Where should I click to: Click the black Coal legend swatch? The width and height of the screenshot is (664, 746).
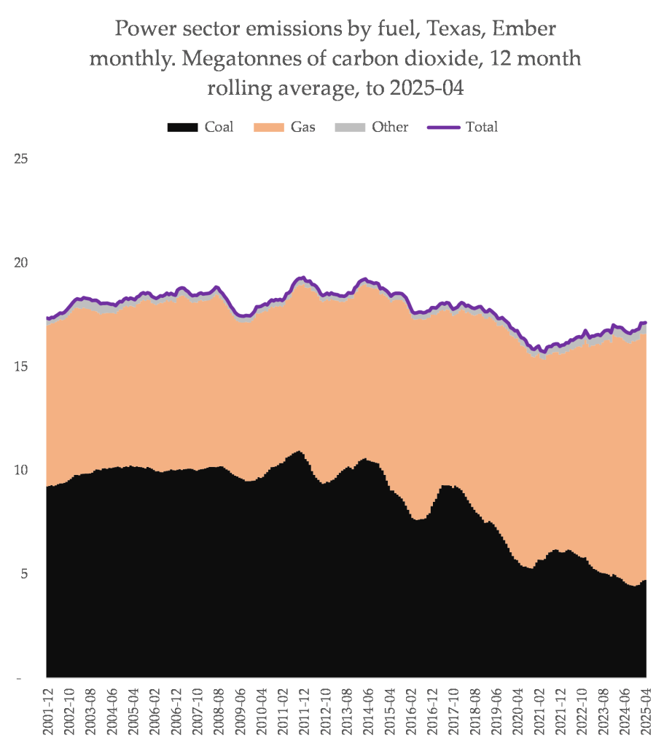coord(182,127)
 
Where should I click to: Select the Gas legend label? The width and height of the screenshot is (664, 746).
coord(302,127)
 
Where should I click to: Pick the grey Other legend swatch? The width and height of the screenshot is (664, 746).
coord(349,127)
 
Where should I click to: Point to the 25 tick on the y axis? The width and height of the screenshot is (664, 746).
coord(21,158)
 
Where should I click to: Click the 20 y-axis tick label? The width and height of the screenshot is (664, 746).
coord(21,262)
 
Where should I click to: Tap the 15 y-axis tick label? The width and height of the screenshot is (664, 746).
coord(21,366)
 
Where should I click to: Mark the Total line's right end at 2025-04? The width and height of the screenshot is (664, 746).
coord(646,323)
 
